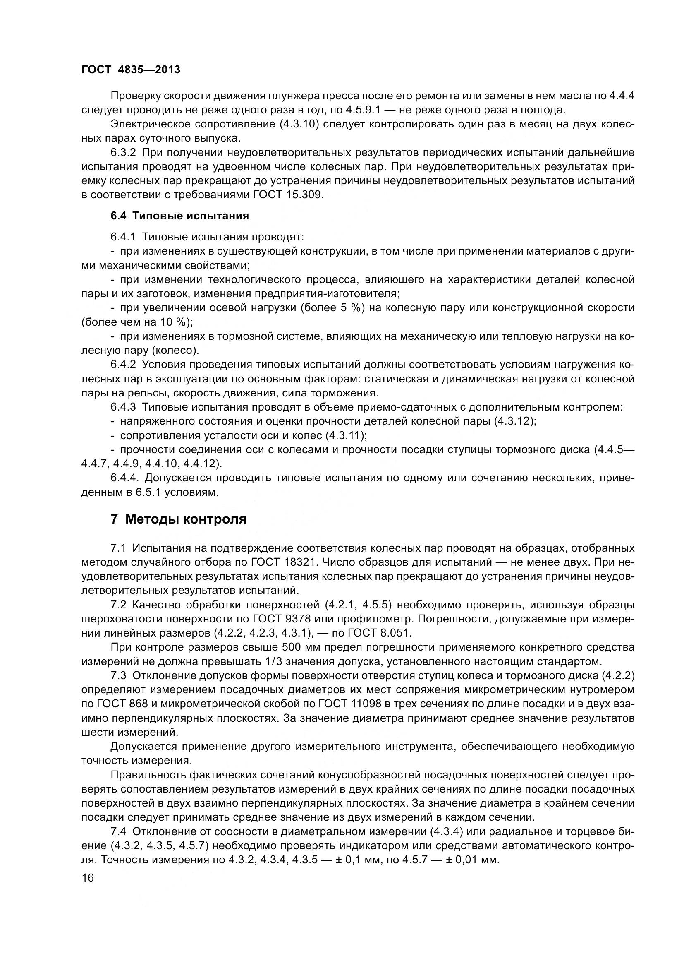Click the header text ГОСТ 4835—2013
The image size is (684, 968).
(131, 70)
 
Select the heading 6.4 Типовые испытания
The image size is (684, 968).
(180, 216)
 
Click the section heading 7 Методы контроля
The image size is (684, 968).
(179, 519)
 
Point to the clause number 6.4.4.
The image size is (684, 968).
(124, 478)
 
